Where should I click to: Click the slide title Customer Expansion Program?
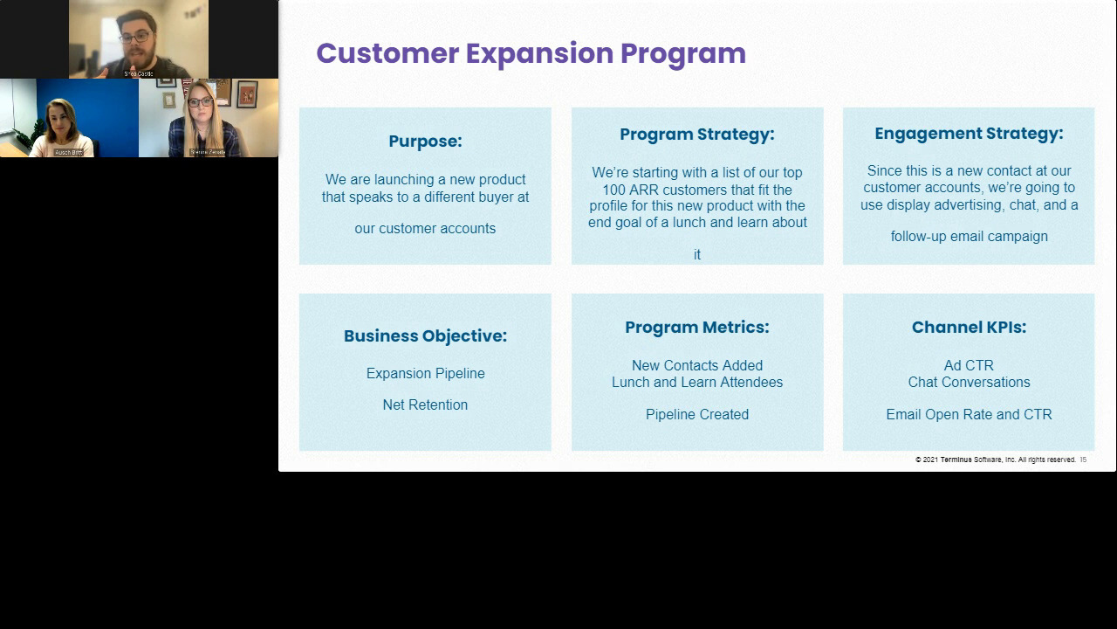point(531,53)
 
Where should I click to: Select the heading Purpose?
point(425,142)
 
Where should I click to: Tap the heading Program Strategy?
point(696,135)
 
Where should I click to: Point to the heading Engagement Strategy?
point(969,134)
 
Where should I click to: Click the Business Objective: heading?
point(425,336)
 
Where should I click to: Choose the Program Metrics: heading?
point(696,328)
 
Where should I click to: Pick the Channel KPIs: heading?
point(969,328)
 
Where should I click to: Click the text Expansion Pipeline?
point(425,374)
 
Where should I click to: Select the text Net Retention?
point(425,405)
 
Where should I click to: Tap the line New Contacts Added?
point(696,366)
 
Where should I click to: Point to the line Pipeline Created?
point(696,415)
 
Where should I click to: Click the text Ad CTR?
point(969,366)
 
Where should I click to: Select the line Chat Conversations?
point(969,383)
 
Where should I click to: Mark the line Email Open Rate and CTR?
point(969,415)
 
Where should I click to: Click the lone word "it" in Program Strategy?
point(696,255)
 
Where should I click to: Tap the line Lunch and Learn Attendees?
point(696,383)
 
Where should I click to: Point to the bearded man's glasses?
point(134,38)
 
